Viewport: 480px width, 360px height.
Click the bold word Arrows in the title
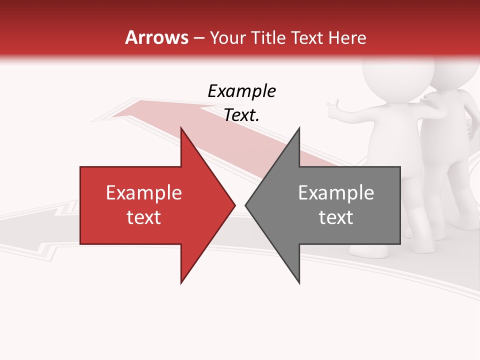157,37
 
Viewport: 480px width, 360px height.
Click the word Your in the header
227,38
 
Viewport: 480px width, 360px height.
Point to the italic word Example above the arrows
241,91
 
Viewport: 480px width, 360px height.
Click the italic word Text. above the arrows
241,115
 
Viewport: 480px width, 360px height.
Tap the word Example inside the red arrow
143,192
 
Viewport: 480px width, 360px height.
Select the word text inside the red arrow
143,217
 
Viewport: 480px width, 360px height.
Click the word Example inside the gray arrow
336,192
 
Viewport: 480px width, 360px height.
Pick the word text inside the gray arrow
336,217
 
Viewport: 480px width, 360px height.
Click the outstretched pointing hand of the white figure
332,107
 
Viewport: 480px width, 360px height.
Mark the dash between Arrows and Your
199,38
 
